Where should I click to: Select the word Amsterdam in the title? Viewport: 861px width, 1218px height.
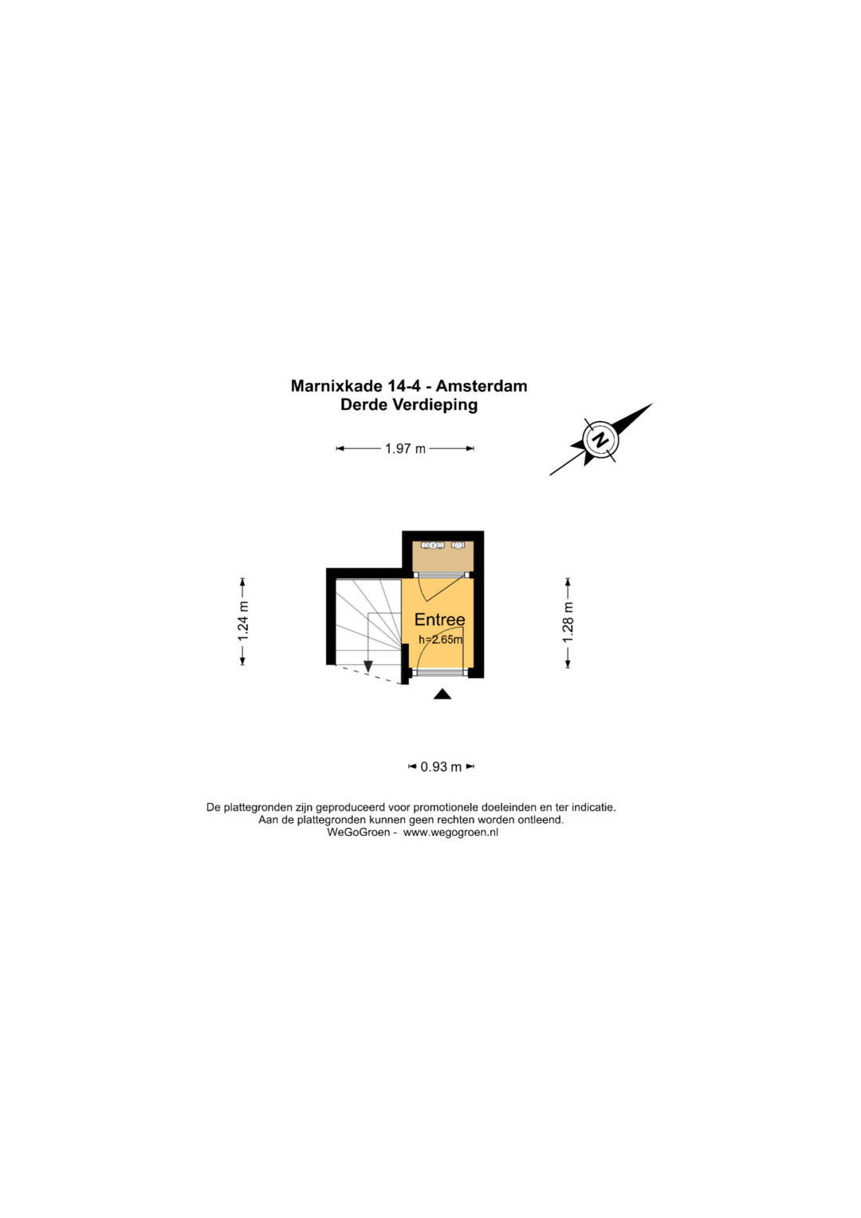[482, 386]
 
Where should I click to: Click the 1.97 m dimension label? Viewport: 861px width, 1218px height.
[405, 448]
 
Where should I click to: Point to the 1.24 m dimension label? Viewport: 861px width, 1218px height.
[243, 621]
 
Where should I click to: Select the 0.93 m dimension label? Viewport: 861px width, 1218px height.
[441, 767]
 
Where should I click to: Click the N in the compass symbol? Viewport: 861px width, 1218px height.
[600, 440]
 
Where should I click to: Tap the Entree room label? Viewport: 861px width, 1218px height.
[439, 620]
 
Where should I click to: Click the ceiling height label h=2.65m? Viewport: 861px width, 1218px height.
[440, 639]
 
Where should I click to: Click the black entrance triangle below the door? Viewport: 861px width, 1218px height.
[442, 695]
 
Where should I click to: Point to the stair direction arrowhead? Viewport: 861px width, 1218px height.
[368, 667]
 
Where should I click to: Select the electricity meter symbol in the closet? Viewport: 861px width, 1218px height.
[432, 545]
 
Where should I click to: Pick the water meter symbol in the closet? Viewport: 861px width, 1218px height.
[458, 545]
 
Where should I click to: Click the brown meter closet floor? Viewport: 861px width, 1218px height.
[442, 560]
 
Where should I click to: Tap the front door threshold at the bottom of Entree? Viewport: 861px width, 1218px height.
[440, 672]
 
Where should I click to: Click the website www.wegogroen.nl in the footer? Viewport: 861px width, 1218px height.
[450, 832]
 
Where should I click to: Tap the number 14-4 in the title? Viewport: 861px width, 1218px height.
[403, 386]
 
